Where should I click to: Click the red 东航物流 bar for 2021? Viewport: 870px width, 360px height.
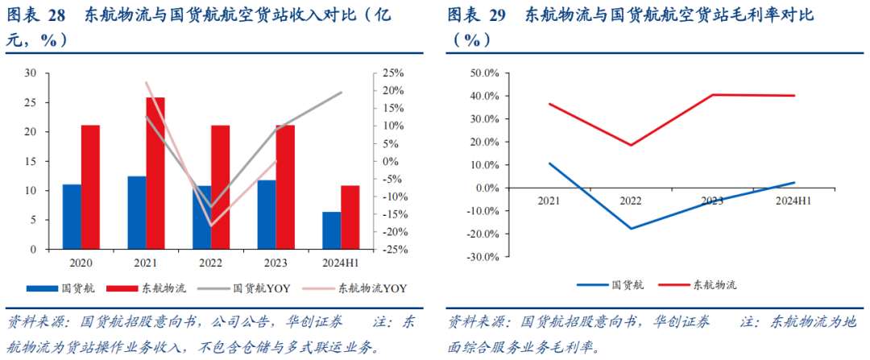tap(155, 173)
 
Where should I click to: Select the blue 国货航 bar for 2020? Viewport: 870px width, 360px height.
tap(72, 217)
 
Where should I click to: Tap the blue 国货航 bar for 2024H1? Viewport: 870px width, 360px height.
tap(331, 230)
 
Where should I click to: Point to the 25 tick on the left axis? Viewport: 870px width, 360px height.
tap(31, 102)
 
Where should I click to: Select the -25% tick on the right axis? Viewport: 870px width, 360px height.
tap(391, 250)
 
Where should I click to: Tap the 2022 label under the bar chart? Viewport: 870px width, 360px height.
tap(212, 263)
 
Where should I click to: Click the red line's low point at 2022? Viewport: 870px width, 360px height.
tap(630, 146)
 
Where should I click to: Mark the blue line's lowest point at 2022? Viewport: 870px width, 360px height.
tap(630, 229)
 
